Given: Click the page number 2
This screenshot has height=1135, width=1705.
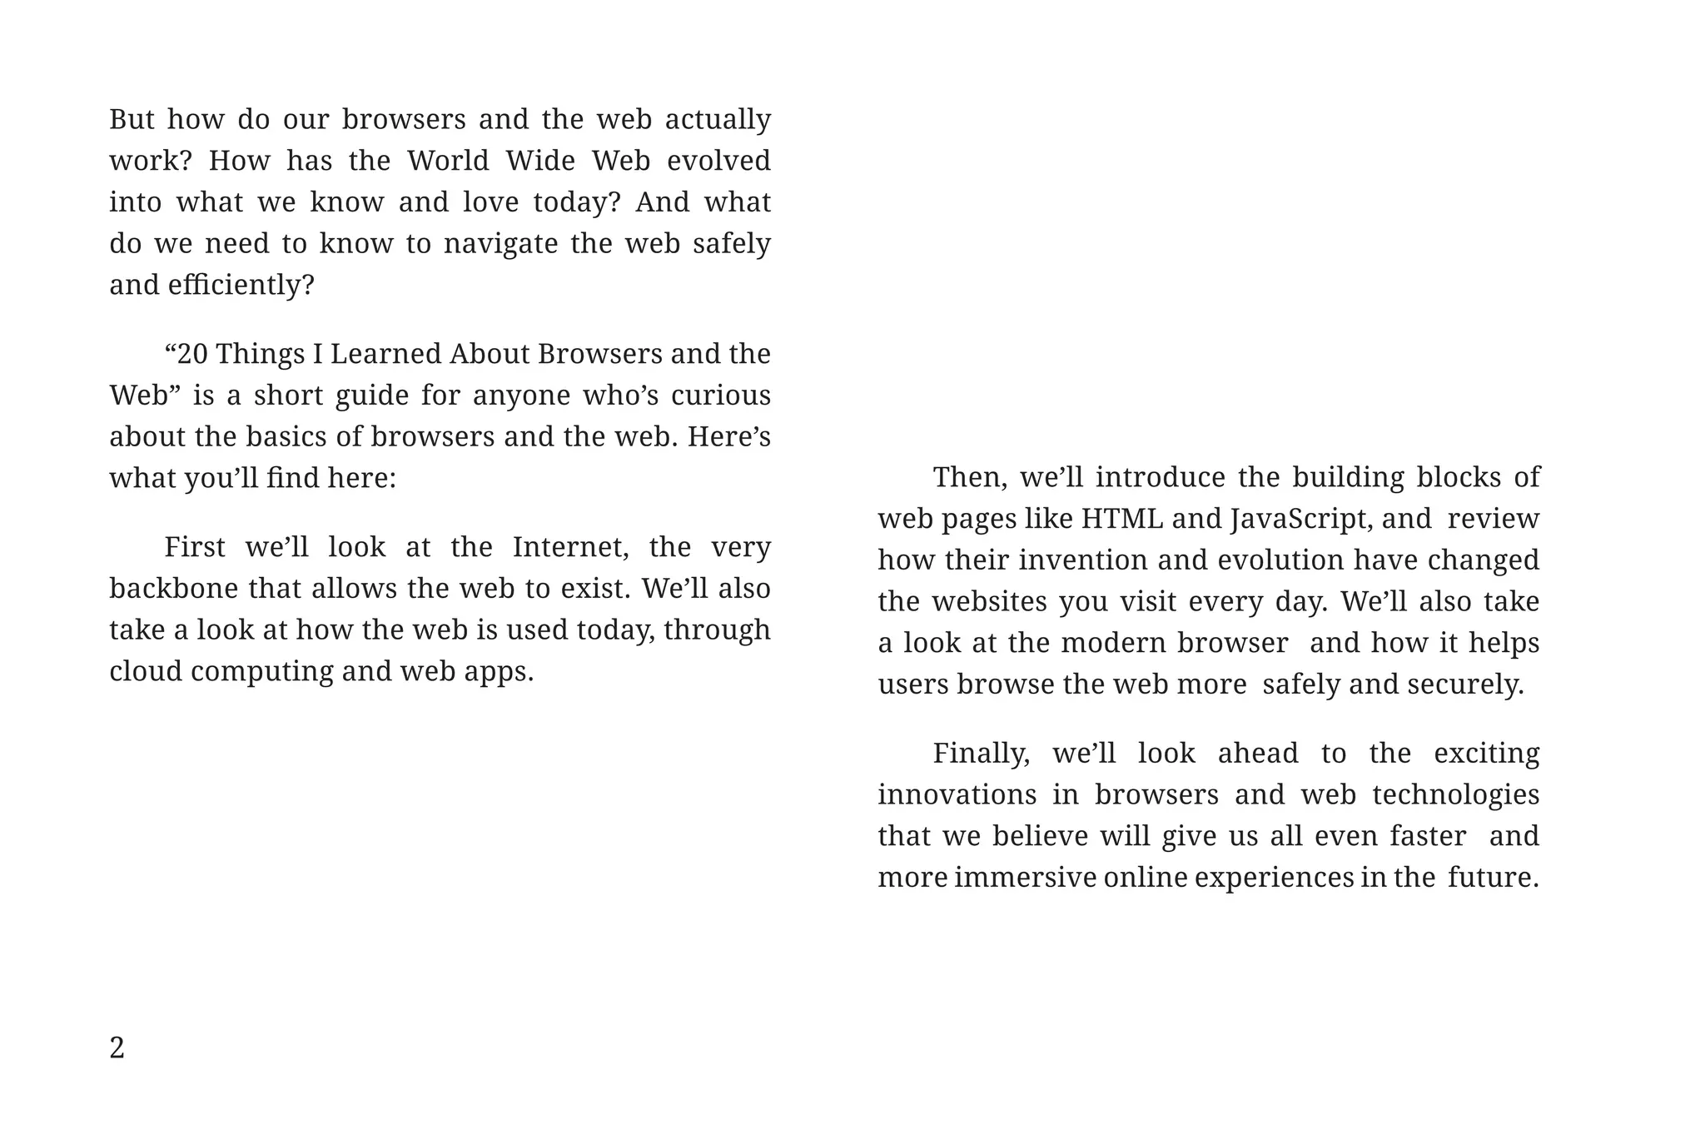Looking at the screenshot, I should click(117, 1048).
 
